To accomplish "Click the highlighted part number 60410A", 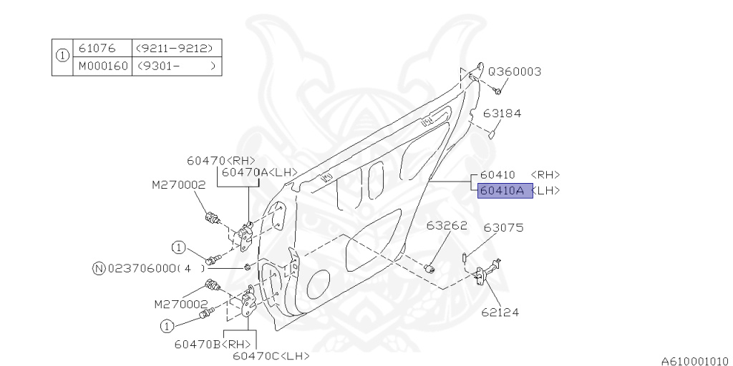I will coord(505,191).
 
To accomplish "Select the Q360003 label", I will coord(514,71).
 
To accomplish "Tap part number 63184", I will coord(501,113).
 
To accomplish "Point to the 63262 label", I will coord(447,226).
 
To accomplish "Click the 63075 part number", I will coord(503,228).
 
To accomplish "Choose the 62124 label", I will coord(500,312).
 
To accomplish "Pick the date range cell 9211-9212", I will coord(175,49).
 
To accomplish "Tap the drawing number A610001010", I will coord(693,360).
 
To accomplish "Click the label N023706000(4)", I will coord(148,269).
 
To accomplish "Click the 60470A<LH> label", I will coord(258,172).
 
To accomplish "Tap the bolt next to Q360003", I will coord(497,90).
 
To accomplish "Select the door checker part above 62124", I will coord(490,271).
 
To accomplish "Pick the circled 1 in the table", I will coord(62,57).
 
